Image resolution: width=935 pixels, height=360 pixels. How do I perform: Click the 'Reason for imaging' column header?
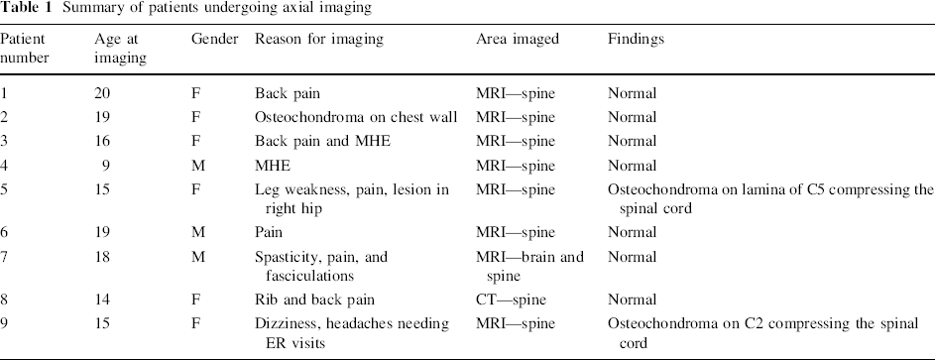tap(319, 40)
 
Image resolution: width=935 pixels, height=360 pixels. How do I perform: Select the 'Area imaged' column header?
tap(518, 40)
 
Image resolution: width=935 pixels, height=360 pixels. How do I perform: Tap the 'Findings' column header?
tap(636, 40)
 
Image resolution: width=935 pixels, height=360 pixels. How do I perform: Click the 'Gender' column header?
tap(215, 40)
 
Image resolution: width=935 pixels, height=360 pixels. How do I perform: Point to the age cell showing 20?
tap(102, 93)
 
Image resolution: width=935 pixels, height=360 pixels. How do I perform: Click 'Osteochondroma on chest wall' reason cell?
tap(356, 117)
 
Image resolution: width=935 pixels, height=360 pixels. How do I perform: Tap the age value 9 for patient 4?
tap(105, 166)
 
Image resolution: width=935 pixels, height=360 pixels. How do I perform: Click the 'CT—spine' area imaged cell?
tap(511, 300)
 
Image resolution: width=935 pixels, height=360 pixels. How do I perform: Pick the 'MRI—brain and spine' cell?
tap(529, 267)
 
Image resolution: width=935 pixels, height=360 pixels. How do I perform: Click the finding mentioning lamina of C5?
tap(769, 199)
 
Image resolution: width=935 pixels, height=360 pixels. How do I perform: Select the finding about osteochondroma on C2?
tap(763, 333)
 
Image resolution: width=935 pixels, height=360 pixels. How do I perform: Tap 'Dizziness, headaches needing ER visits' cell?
tap(352, 333)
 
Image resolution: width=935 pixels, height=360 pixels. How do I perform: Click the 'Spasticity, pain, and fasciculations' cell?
tap(321, 267)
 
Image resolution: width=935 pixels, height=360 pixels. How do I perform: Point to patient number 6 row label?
tap(4, 232)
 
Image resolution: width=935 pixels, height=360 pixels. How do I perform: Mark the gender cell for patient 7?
tap(198, 257)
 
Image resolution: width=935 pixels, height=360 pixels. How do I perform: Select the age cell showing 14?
tap(102, 300)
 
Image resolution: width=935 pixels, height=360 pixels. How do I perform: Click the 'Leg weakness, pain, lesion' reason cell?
tap(352, 199)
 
